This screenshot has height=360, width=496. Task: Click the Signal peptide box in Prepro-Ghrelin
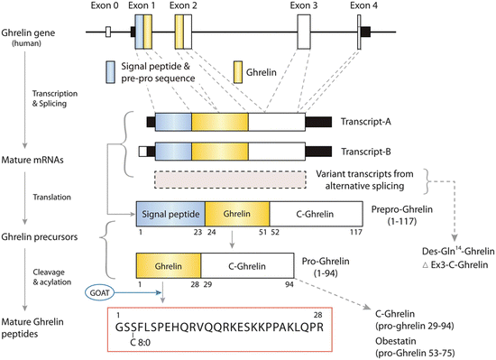(170, 214)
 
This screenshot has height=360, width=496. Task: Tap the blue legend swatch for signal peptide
(109, 69)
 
